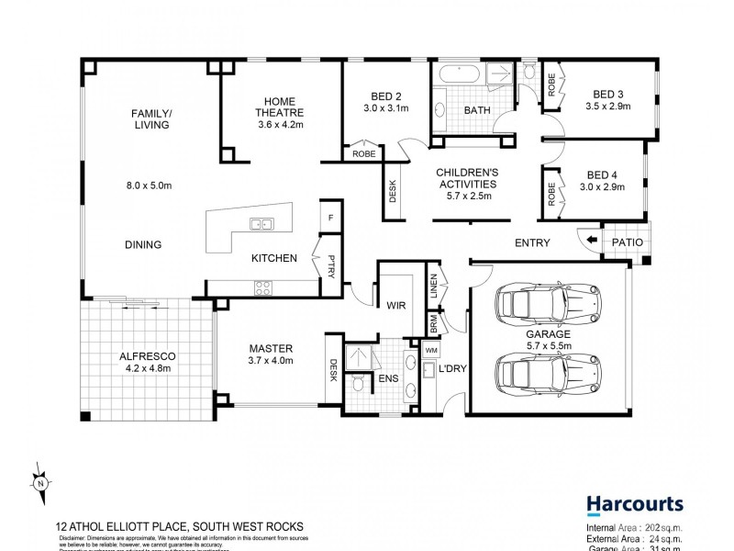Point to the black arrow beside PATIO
(x=591, y=242)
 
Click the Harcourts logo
(x=634, y=504)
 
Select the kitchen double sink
(x=261, y=222)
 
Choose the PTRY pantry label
(x=331, y=265)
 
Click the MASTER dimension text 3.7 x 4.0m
(x=272, y=362)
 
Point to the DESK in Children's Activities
(x=394, y=191)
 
